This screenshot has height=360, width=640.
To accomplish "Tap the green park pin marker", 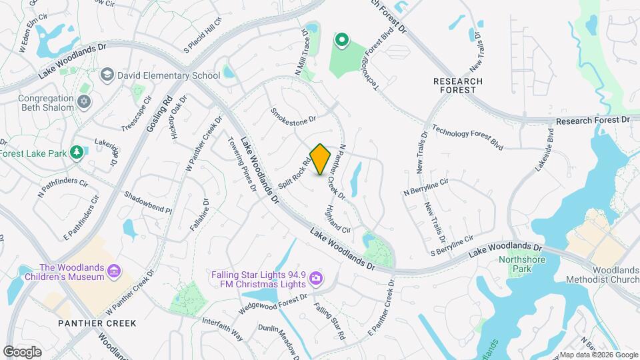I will [x=342, y=41].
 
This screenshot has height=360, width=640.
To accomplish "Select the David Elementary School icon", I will [x=107, y=75].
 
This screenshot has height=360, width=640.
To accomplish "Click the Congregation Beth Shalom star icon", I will [x=83, y=102].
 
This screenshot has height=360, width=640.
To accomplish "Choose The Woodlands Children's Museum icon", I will [x=114, y=271].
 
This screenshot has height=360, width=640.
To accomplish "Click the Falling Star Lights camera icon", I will [x=316, y=277].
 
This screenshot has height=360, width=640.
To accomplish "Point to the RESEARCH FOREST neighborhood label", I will [x=458, y=85].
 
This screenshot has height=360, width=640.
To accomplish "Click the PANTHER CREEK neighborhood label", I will [x=97, y=323].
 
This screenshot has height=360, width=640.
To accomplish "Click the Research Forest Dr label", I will [x=593, y=121].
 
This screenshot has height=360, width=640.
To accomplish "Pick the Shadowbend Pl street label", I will [x=148, y=203].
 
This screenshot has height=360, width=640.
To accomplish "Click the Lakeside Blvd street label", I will [x=544, y=150].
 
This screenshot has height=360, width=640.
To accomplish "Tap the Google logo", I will [x=22, y=351].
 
